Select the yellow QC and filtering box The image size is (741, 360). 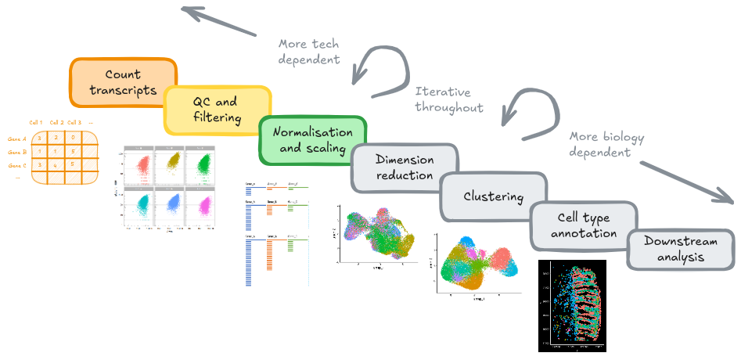[215, 110]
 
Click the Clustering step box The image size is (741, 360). [493, 196]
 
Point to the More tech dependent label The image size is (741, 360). [309, 51]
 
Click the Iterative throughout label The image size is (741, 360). [449, 99]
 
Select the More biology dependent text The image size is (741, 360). [606, 145]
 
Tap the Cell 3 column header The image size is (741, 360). [74, 122]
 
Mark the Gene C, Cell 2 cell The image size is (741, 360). [55, 164]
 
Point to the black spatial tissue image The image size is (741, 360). [572, 304]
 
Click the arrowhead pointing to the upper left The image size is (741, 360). [188, 10]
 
